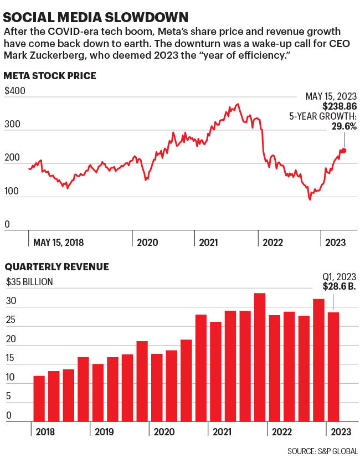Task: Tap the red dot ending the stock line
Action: click(344, 151)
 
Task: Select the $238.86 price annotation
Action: click(340, 106)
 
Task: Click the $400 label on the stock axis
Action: click(15, 91)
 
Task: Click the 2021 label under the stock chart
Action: click(208, 242)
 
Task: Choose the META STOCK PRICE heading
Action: click(50, 76)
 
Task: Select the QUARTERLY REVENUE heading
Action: click(57, 267)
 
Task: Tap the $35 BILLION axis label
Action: click(29, 282)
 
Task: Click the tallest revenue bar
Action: click(260, 357)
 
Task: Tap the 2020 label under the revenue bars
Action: click(164, 431)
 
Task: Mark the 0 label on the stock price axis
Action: click(7, 224)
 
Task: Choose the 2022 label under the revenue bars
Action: click(281, 431)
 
